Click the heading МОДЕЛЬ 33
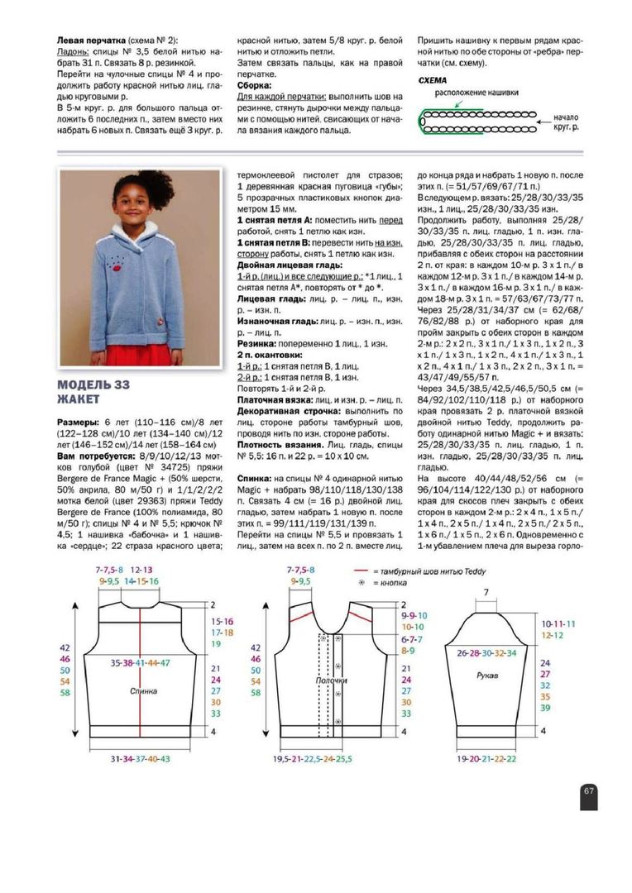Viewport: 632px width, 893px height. click(93, 385)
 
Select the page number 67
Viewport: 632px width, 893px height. click(588, 791)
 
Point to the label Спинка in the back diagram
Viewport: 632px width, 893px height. click(142, 690)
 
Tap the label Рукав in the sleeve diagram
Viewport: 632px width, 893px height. click(487, 676)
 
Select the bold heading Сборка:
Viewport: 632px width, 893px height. click(255, 84)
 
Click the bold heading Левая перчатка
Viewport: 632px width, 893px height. click(90, 39)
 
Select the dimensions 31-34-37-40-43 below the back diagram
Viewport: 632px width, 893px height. click(141, 758)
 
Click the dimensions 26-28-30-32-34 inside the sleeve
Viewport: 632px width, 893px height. click(486, 652)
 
